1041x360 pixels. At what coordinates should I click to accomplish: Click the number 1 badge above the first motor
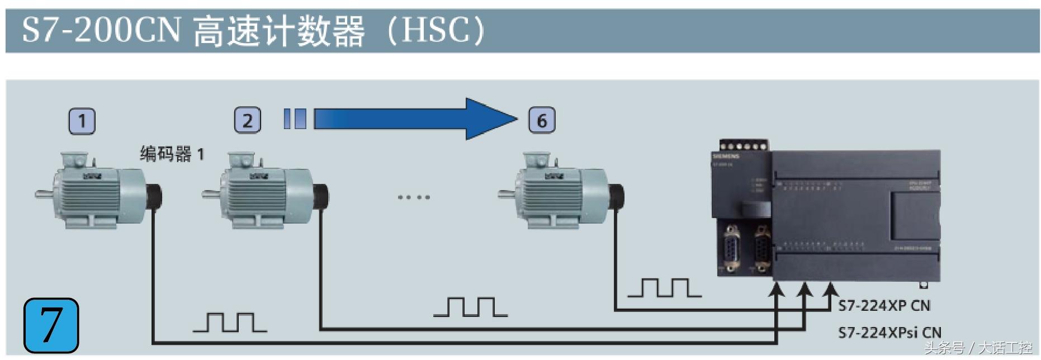point(82,121)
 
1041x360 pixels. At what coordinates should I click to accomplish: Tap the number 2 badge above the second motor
point(247,121)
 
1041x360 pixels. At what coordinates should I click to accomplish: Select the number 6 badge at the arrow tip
point(541,121)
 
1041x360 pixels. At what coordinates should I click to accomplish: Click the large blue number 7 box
point(51,325)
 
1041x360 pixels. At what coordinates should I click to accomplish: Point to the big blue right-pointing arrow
point(414,119)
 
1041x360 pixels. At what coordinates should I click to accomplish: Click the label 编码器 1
point(172,154)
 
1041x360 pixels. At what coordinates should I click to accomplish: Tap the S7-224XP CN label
point(884,306)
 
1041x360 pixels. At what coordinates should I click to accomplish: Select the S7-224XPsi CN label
point(889,333)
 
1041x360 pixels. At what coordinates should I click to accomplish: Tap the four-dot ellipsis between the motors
point(414,197)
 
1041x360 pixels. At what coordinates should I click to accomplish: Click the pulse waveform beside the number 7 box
point(229,323)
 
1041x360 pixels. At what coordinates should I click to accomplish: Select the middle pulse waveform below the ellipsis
point(470,307)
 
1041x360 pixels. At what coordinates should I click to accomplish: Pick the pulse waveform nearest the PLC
point(664,287)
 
